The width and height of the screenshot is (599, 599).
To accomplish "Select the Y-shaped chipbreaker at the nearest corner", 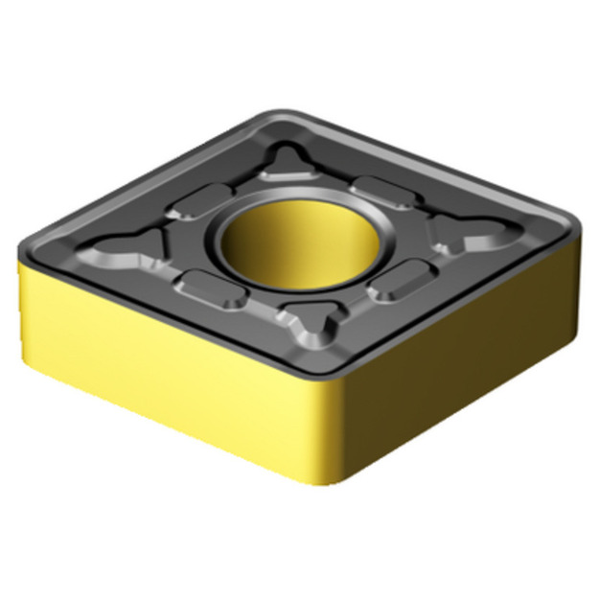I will click(311, 324).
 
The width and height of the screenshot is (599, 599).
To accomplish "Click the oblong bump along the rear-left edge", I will click(199, 202).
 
